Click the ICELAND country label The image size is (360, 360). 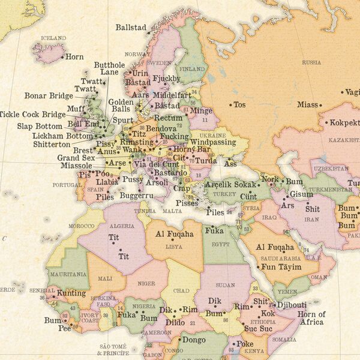pos(53,38)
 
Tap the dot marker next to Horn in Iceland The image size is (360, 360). pos(62,57)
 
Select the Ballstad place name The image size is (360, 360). pos(131,27)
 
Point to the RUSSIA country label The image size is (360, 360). pos(311,62)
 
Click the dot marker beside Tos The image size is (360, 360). pos(230,105)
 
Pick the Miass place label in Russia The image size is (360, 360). pos(307,105)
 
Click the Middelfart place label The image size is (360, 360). pos(172,95)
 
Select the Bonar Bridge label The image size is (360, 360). pos(49,95)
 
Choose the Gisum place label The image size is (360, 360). pos(301,194)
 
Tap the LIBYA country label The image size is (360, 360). pos(174,246)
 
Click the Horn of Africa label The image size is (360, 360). pos(311,318)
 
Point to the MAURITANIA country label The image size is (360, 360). pos(64,274)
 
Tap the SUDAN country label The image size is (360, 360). pos(225,284)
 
